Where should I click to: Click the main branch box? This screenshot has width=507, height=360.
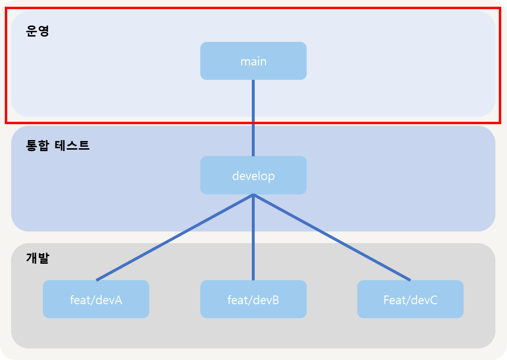coord(253,61)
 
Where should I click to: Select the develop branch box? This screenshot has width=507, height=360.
coord(253,175)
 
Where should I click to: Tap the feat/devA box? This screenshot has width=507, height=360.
coord(96,299)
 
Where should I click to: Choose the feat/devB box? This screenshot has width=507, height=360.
coord(253,299)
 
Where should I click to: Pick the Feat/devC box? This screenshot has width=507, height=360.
coord(410,299)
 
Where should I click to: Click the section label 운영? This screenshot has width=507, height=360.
coord(38,31)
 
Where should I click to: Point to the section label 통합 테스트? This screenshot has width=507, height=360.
coord(58,145)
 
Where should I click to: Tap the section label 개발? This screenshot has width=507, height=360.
coord(38,258)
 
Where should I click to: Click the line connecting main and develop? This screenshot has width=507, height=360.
coord(253,118)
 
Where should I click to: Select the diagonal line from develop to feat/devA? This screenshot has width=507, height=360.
coord(175,237)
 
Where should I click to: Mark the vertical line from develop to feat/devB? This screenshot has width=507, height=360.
coord(253,237)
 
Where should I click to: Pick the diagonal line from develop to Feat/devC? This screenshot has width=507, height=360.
coord(332,237)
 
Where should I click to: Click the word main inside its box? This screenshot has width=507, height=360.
coord(253,62)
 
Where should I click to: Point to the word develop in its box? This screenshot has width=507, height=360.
coord(253,176)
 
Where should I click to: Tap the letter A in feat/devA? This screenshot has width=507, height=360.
coord(118,300)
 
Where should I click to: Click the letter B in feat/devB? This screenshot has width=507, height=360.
coord(275,300)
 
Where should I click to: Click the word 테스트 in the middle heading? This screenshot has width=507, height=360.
coord(72,145)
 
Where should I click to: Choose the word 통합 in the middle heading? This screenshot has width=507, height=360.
coord(38,145)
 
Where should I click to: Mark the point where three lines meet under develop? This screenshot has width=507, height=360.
coord(253,194)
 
